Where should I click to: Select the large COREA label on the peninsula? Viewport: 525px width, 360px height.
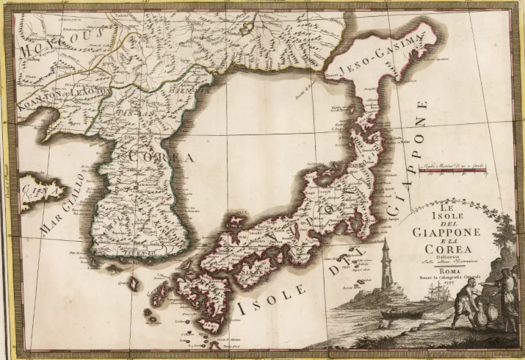click(160, 156)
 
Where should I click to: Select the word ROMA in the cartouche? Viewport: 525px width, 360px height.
click(445, 270)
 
